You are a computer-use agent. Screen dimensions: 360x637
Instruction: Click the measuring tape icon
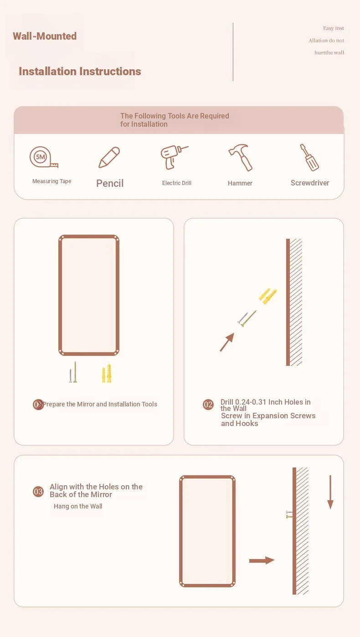43,157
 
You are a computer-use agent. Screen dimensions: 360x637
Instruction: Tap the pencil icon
109,157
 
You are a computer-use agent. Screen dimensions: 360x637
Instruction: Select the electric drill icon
174,157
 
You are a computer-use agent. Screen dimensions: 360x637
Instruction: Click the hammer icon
241,157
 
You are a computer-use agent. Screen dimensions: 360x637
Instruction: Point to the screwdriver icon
309,157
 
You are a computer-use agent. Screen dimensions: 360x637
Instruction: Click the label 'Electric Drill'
177,183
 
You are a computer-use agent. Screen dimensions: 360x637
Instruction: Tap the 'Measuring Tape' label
52,181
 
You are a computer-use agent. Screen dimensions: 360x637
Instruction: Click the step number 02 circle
208,404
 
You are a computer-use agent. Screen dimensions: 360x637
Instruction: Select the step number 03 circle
38,492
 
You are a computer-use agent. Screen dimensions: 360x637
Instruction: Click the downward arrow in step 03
330,492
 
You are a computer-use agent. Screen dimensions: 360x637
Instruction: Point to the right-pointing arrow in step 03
262,560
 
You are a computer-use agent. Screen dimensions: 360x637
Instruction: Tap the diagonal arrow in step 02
227,342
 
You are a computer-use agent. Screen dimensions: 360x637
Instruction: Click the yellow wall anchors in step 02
267,296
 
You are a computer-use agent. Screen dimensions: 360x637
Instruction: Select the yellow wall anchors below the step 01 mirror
107,373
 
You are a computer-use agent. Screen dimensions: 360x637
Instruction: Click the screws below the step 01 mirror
73,372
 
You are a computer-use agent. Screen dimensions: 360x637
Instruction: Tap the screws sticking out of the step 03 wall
289,514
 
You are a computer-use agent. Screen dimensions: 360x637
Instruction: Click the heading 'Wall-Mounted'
45,36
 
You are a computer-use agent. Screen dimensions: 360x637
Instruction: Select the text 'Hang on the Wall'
78,506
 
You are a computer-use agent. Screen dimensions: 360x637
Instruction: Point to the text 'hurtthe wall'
329,52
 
